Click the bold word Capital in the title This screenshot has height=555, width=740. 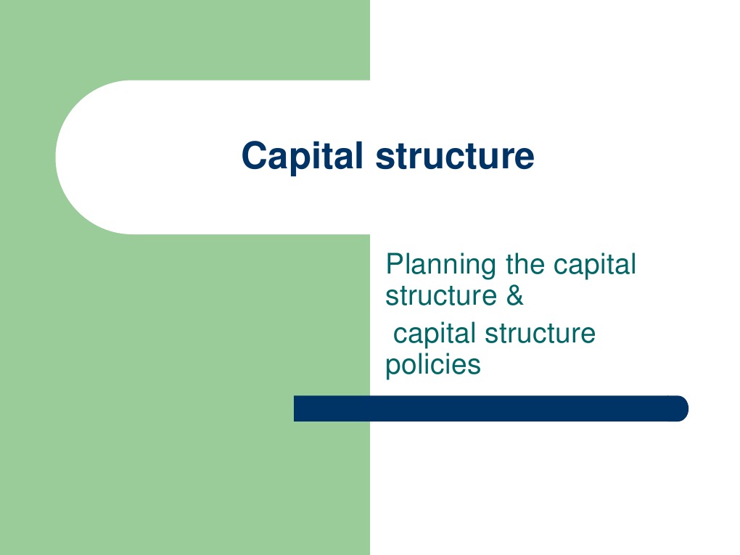click(303, 156)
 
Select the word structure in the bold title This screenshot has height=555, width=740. click(455, 156)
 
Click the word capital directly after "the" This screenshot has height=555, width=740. click(594, 266)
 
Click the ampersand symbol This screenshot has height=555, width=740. click(514, 296)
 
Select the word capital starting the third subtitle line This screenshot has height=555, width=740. click(435, 334)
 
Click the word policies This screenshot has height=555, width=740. click(432, 364)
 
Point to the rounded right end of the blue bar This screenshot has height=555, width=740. click(682, 408)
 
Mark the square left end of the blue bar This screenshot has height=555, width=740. click(297, 408)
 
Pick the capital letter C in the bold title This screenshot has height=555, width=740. click(253, 155)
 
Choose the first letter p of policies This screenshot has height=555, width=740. click(392, 366)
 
